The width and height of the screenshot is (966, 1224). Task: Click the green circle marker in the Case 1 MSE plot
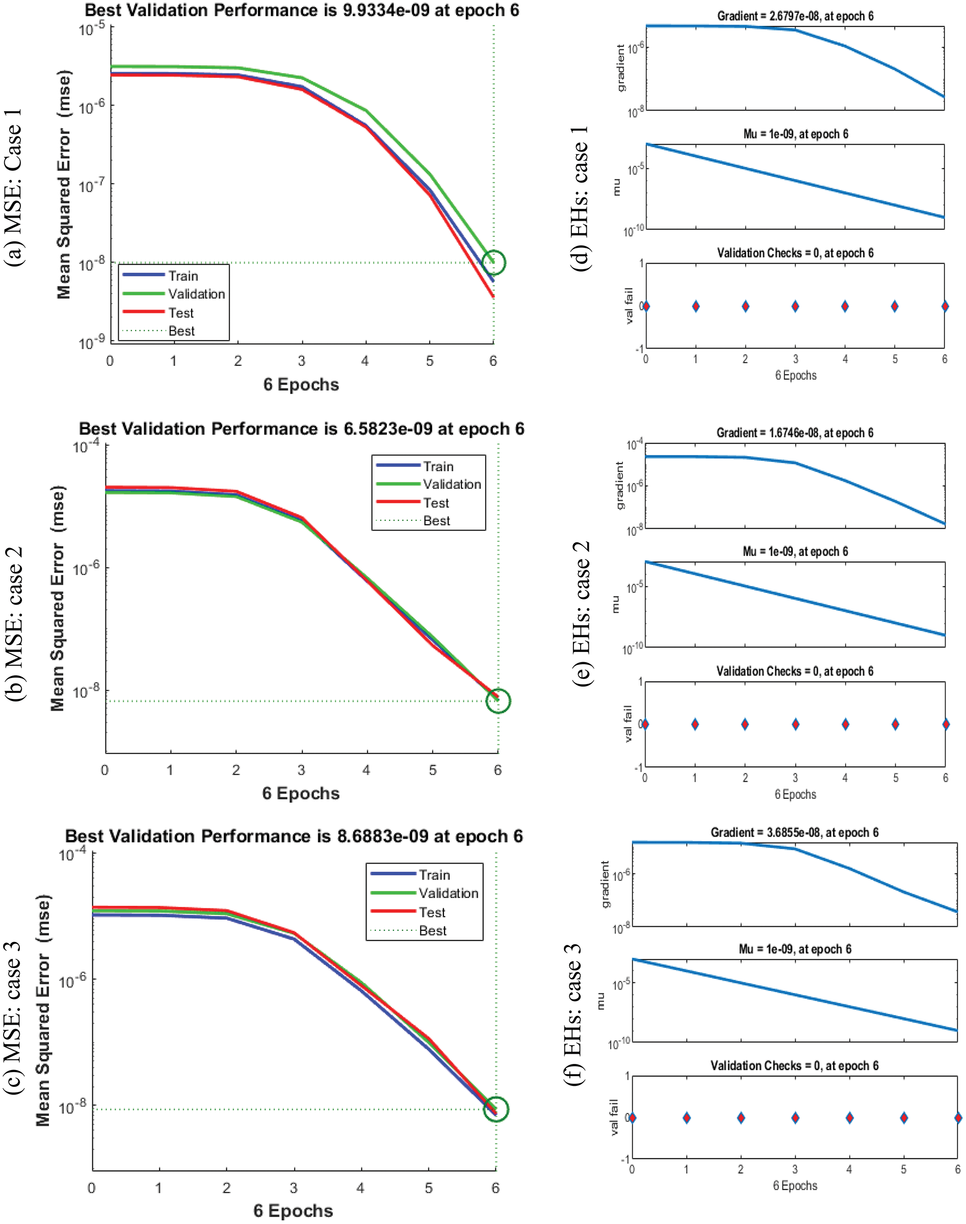point(494,263)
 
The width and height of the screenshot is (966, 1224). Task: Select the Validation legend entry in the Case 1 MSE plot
point(196,294)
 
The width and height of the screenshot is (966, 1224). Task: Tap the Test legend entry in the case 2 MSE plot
point(436,503)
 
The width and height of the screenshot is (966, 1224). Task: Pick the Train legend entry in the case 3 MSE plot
point(434,875)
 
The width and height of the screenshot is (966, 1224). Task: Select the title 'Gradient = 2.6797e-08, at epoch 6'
point(795,16)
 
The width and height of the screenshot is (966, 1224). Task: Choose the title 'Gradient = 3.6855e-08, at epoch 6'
point(794,832)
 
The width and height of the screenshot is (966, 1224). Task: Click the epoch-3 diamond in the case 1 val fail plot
point(795,306)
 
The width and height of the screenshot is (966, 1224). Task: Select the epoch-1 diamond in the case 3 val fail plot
point(687,1117)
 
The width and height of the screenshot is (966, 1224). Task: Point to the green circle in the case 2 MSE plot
point(498,701)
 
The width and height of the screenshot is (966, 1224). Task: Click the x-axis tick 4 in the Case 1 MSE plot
point(365,361)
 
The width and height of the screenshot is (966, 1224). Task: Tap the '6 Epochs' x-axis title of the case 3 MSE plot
point(293,1210)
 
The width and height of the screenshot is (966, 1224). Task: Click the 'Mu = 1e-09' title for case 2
point(795,551)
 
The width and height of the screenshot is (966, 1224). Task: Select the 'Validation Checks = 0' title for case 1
point(795,253)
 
